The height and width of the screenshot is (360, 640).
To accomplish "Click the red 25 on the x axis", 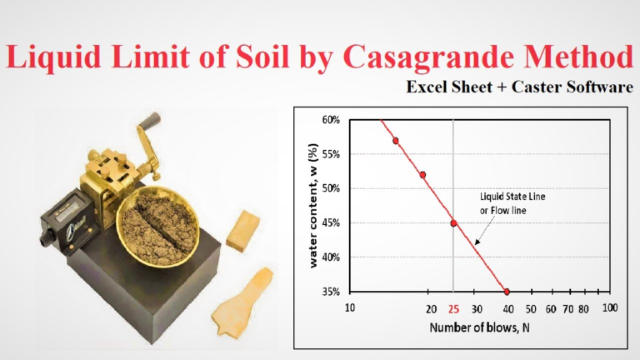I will pos(453,308).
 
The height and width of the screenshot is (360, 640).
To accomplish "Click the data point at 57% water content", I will pos(396,141).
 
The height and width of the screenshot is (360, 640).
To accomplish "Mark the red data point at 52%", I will pos(423,175).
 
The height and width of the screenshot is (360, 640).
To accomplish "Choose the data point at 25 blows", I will pos(453,223).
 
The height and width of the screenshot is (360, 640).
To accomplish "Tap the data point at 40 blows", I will pos(507,292).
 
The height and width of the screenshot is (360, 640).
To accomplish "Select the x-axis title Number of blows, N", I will pos(476,328).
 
